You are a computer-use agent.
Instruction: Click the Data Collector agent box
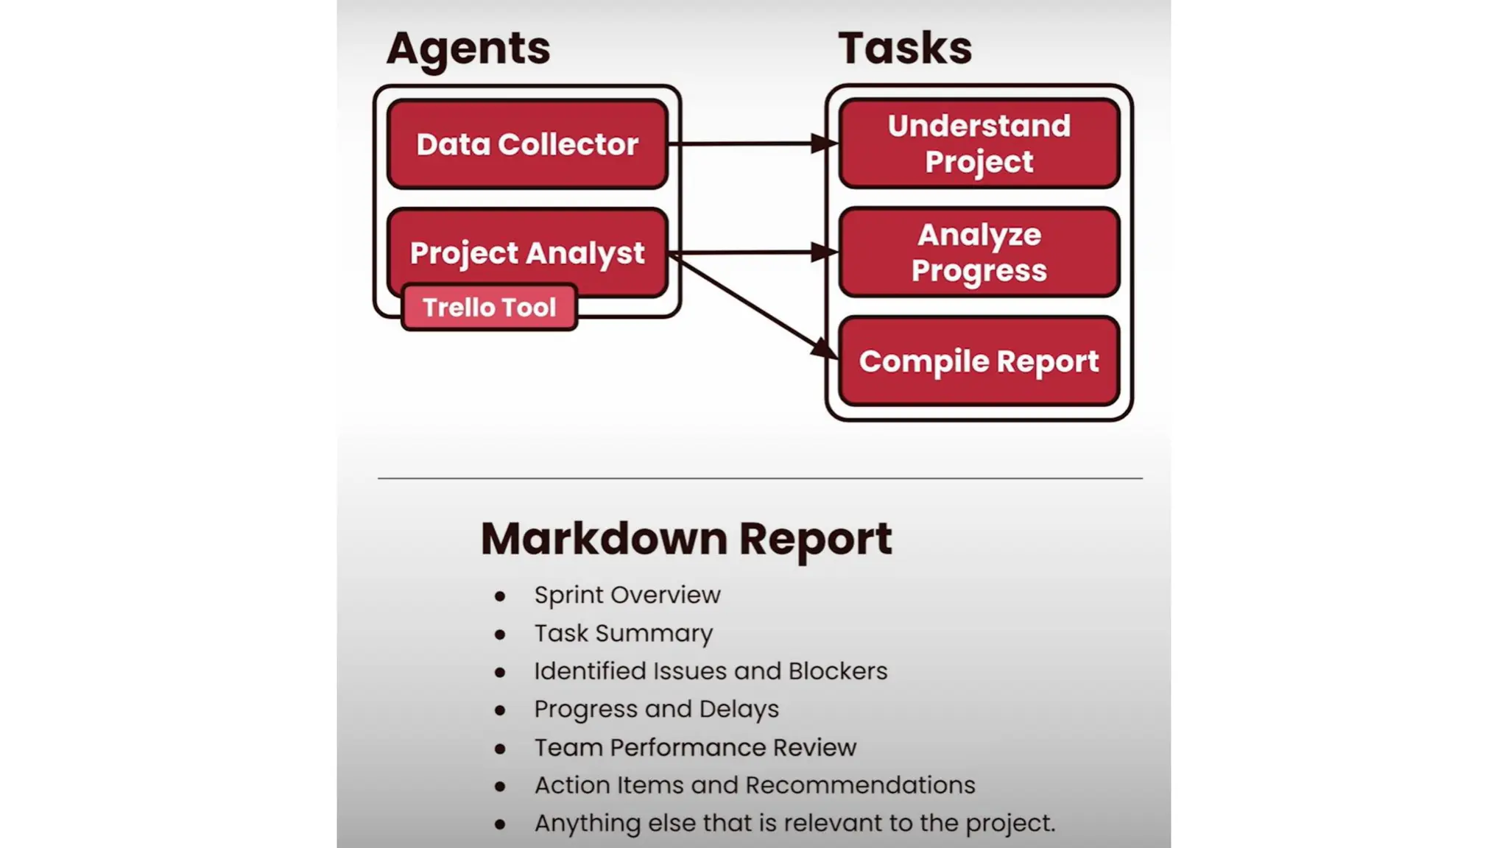527,144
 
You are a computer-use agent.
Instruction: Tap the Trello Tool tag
489,307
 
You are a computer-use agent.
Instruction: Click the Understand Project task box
979,144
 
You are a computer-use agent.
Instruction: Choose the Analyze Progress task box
979,252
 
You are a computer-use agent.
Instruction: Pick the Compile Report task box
979,361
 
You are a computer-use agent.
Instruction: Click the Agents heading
468,49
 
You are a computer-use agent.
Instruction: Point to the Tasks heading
905,49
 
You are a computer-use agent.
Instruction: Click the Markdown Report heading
686,538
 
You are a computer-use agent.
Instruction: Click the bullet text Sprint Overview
627,595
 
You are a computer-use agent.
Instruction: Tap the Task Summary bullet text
624,633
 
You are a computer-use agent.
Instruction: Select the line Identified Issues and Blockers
711,671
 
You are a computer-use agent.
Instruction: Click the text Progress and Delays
656,709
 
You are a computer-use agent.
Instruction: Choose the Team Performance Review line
695,747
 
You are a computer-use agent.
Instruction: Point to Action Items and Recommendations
755,785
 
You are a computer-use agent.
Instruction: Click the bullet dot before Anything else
500,824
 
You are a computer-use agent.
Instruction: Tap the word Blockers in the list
838,671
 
